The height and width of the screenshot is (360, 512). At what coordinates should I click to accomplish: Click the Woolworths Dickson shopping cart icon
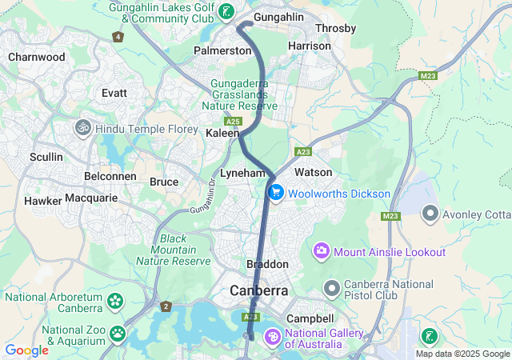point(276,193)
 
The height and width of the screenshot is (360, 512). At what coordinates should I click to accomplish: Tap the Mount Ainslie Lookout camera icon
point(322,252)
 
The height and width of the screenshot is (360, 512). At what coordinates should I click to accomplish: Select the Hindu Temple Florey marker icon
point(82,128)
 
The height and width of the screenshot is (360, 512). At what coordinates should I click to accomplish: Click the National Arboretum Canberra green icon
point(115,302)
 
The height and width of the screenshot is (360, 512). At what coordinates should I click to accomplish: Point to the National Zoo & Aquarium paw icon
point(118,333)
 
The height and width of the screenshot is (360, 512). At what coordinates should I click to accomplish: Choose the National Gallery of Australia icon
point(272,338)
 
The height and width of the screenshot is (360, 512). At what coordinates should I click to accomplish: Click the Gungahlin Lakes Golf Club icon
point(228,11)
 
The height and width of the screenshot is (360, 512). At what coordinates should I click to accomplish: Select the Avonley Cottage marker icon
point(430,214)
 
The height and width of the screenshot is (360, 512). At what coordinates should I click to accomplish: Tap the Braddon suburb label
point(267,264)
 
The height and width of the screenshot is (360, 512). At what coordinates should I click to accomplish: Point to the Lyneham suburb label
point(242,173)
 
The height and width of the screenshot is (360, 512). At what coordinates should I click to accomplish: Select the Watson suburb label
point(313,172)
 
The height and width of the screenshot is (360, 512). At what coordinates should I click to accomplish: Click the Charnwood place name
point(37,57)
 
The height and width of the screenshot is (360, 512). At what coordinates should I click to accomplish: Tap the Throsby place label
point(336,28)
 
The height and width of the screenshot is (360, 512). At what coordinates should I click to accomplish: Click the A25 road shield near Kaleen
point(233,121)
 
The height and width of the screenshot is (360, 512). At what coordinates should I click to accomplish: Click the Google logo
point(26,350)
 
